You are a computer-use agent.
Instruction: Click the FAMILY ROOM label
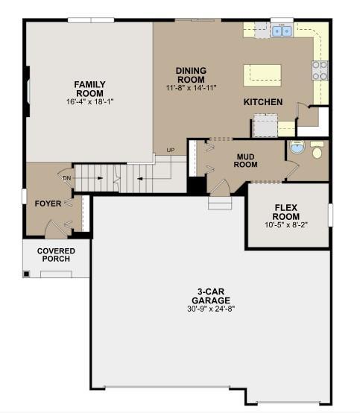[x=89, y=89]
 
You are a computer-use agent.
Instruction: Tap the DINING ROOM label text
[x=192, y=75]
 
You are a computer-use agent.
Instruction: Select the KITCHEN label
[x=263, y=102]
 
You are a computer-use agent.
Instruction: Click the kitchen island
[x=262, y=75]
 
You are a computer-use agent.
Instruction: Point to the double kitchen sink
[x=282, y=31]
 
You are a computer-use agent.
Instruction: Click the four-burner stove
[x=320, y=70]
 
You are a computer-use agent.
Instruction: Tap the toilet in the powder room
[x=317, y=150]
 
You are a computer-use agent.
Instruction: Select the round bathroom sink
[x=297, y=146]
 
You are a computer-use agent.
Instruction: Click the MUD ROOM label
[x=246, y=161]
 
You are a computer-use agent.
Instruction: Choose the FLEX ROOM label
[x=286, y=212]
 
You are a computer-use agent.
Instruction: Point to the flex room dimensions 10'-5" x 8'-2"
[x=286, y=225]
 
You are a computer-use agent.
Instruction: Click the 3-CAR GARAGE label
[x=211, y=296]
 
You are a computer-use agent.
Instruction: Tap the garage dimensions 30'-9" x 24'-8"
[x=211, y=309]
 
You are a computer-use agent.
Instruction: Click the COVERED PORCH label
[x=56, y=255]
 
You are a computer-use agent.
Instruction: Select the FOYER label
[x=48, y=204]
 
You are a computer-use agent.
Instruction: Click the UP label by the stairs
[x=171, y=150]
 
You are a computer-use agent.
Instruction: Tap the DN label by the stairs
[x=67, y=178]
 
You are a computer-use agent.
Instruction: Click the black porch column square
[x=26, y=274]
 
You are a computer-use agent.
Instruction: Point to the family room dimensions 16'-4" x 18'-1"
[x=89, y=101]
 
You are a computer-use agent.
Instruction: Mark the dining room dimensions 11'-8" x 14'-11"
[x=192, y=88]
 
